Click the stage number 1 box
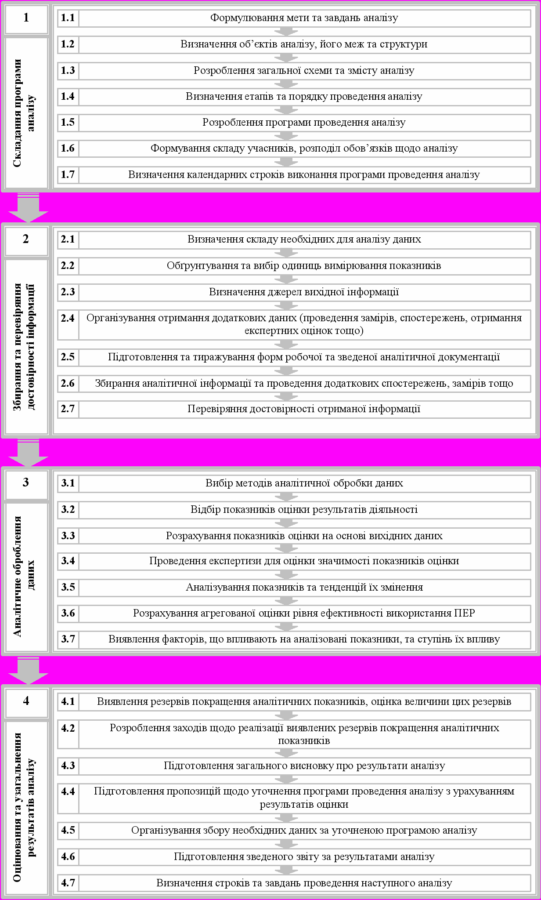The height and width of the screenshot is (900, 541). (x=26, y=18)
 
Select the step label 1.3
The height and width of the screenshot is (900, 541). (x=68, y=70)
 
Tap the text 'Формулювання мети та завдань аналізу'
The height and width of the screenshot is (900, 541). (x=304, y=18)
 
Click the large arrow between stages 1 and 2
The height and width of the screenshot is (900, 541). (x=28, y=207)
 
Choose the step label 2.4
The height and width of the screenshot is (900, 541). (x=68, y=318)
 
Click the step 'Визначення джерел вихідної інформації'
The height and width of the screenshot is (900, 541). (x=304, y=292)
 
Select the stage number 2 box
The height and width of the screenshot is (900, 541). (x=26, y=240)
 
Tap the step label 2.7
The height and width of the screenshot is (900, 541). (x=68, y=409)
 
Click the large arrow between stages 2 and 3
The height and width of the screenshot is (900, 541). (x=28, y=453)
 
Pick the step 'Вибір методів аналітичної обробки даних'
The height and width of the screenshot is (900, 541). (x=304, y=483)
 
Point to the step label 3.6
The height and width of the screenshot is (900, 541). (x=68, y=613)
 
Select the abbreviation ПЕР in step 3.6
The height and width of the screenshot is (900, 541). (x=465, y=613)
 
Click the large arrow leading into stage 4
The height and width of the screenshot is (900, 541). (x=28, y=670)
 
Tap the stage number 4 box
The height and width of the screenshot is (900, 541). (x=26, y=701)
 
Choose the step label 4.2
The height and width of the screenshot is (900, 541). (x=68, y=729)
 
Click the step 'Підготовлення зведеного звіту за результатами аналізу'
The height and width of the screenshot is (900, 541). (x=304, y=856)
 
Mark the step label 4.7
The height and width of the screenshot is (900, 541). (x=68, y=883)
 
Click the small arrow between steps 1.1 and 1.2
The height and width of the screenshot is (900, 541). (x=286, y=32)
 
